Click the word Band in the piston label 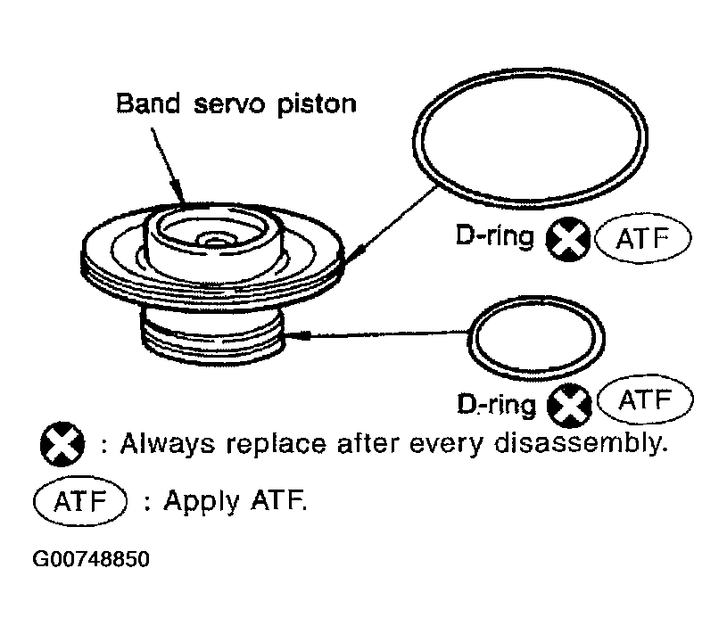(148, 103)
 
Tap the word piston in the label (317, 105)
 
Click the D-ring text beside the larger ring (495, 236)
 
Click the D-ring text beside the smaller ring (496, 405)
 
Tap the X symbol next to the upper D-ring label (568, 239)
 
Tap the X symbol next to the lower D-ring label (569, 406)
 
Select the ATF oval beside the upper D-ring (642, 238)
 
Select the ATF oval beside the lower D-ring (646, 399)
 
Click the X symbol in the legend (62, 444)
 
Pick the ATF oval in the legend (80, 501)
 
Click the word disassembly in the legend (581, 443)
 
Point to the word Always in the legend (168, 444)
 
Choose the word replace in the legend (277, 445)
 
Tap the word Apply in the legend (202, 501)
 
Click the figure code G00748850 (91, 559)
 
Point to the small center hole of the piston (214, 241)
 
